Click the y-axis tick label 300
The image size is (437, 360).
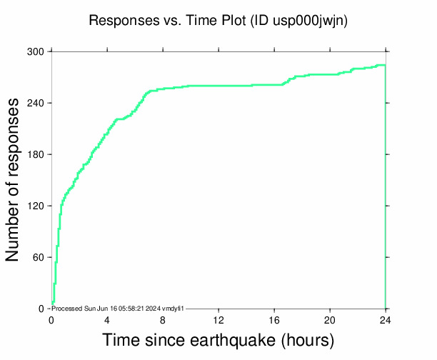pyautogui.click(x=36, y=51)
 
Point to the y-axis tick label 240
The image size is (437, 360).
pyautogui.click(x=36, y=103)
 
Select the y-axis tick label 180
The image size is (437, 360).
pyautogui.click(x=36, y=154)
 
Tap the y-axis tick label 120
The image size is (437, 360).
pyautogui.click(x=36, y=206)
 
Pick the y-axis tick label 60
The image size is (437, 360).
pyautogui.click(x=39, y=257)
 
